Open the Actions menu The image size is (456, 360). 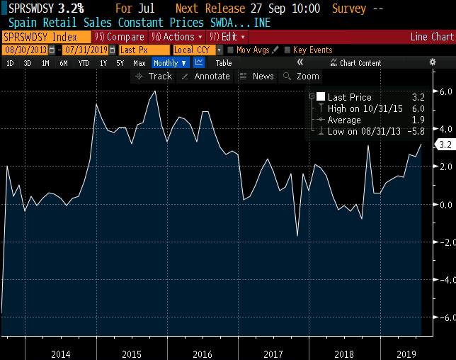pyautogui.click(x=176, y=37)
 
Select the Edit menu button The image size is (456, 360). pyautogui.click(x=229, y=37)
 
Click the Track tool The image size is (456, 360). pyautogui.click(x=154, y=77)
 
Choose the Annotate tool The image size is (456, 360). pyautogui.click(x=206, y=77)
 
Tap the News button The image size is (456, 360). pyautogui.click(x=257, y=77)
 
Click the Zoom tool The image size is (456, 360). pyautogui.click(x=302, y=77)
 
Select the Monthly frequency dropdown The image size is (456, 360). pyautogui.click(x=170, y=63)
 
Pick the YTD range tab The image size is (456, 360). pyautogui.click(x=84, y=63)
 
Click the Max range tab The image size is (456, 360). pyautogui.click(x=139, y=63)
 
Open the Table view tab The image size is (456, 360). pyautogui.click(x=223, y=63)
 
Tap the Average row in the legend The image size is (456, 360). pyautogui.click(x=344, y=120)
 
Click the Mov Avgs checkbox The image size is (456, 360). pyautogui.click(x=231, y=50)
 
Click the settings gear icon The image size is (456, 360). pyautogui.click(x=433, y=62)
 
